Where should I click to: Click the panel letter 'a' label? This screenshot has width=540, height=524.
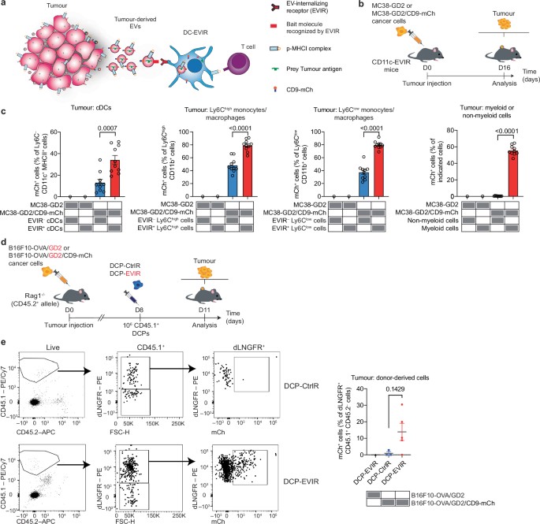click(x=4, y=5)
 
